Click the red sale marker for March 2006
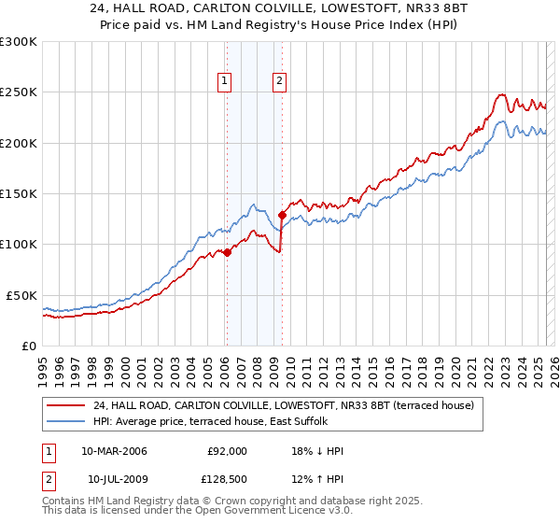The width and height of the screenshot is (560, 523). click(x=227, y=252)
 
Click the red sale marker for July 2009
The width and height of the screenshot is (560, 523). click(x=281, y=216)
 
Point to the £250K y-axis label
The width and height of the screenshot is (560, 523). click(x=19, y=92)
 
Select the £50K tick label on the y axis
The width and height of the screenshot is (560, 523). click(x=21, y=295)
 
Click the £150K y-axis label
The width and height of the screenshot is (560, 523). click(x=19, y=194)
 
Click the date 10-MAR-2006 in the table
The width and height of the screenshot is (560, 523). click(x=114, y=451)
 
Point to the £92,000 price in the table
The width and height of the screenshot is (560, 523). click(x=227, y=451)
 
